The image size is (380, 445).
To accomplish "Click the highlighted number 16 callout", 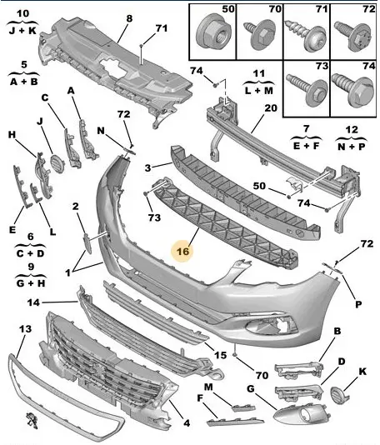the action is click(x=182, y=251).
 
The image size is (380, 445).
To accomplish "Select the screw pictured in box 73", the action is click(x=307, y=89).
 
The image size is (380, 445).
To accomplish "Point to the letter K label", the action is click(x=362, y=371).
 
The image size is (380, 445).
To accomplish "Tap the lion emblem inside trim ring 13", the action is click(x=31, y=419).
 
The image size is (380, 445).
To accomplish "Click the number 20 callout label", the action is click(x=271, y=108).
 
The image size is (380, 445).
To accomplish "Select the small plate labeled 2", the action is click(x=87, y=242).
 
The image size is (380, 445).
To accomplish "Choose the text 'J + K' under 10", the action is click(x=22, y=30).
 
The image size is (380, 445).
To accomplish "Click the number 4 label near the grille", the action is click(x=186, y=423).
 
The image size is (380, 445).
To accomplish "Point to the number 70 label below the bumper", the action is click(x=262, y=376).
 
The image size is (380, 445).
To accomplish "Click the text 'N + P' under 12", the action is click(x=352, y=146).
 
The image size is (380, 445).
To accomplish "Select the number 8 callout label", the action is click(x=129, y=18).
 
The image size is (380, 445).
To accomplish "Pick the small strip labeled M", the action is click(x=243, y=407).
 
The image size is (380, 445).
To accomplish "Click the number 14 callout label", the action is click(x=33, y=302).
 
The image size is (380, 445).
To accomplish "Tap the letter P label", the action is click(x=358, y=304).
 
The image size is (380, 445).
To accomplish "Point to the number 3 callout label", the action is click(x=147, y=167).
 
